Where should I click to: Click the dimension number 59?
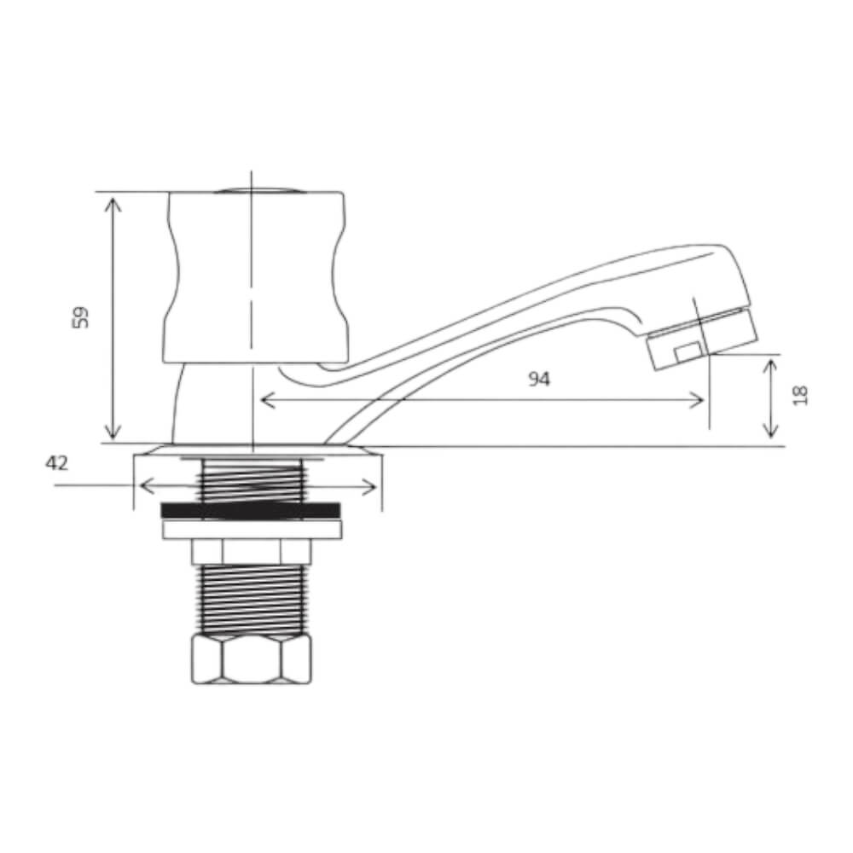81,318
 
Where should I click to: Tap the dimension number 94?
538,380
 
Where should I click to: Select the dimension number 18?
800,395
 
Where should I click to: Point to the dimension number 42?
56,463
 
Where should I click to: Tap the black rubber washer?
251,510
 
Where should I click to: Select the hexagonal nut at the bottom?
252,659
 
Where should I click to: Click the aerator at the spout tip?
702,339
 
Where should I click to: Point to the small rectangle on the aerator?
687,351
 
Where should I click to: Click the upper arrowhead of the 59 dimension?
113,200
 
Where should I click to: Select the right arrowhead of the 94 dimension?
701,399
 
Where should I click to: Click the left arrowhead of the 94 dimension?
264,399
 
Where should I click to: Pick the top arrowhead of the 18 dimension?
770,363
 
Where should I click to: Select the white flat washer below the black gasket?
252,530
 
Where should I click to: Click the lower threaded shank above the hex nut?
252,599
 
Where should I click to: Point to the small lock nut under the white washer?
252,552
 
